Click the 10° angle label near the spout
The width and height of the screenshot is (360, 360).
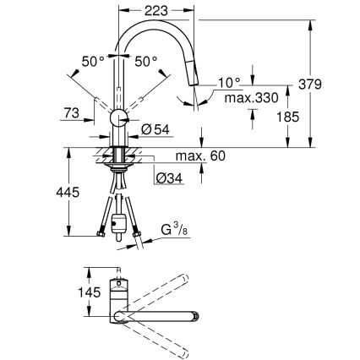click(229, 83)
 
